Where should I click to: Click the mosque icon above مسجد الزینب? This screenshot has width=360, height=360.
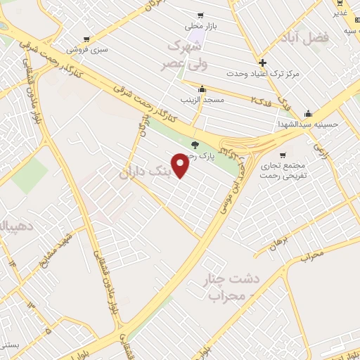pos(202,89)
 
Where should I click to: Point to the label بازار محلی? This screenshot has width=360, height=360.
pos(200,26)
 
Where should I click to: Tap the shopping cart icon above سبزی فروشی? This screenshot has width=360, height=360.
pos(86,39)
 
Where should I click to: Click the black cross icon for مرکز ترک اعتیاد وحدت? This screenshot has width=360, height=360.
pos(262,63)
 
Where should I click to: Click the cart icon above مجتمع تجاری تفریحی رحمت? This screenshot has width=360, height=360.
pos(283,155)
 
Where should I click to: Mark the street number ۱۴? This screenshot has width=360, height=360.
pos(12,261)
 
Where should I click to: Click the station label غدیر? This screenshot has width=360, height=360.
pos(340,13)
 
